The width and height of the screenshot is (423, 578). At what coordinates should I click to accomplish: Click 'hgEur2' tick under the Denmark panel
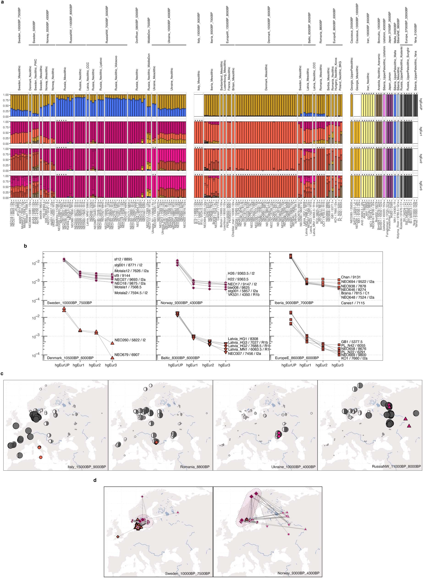[x=96, y=365]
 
